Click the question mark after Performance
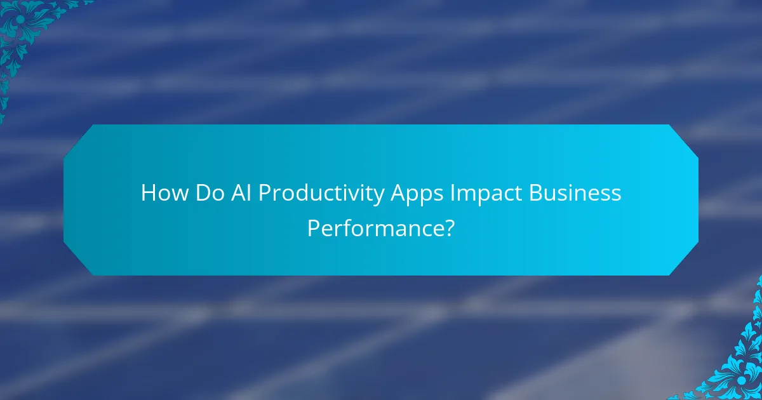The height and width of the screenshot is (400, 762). pyautogui.click(x=449, y=228)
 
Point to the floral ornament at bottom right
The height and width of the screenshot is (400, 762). pyautogui.click(x=737, y=368)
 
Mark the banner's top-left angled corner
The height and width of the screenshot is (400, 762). pyautogui.click(x=79, y=140)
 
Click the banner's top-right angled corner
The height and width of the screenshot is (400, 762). pyautogui.click(x=683, y=140)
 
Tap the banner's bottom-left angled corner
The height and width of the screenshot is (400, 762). pyautogui.click(x=79, y=260)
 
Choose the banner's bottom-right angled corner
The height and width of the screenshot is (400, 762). pyautogui.click(x=683, y=260)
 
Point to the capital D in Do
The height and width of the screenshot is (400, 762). pyautogui.click(x=200, y=194)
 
